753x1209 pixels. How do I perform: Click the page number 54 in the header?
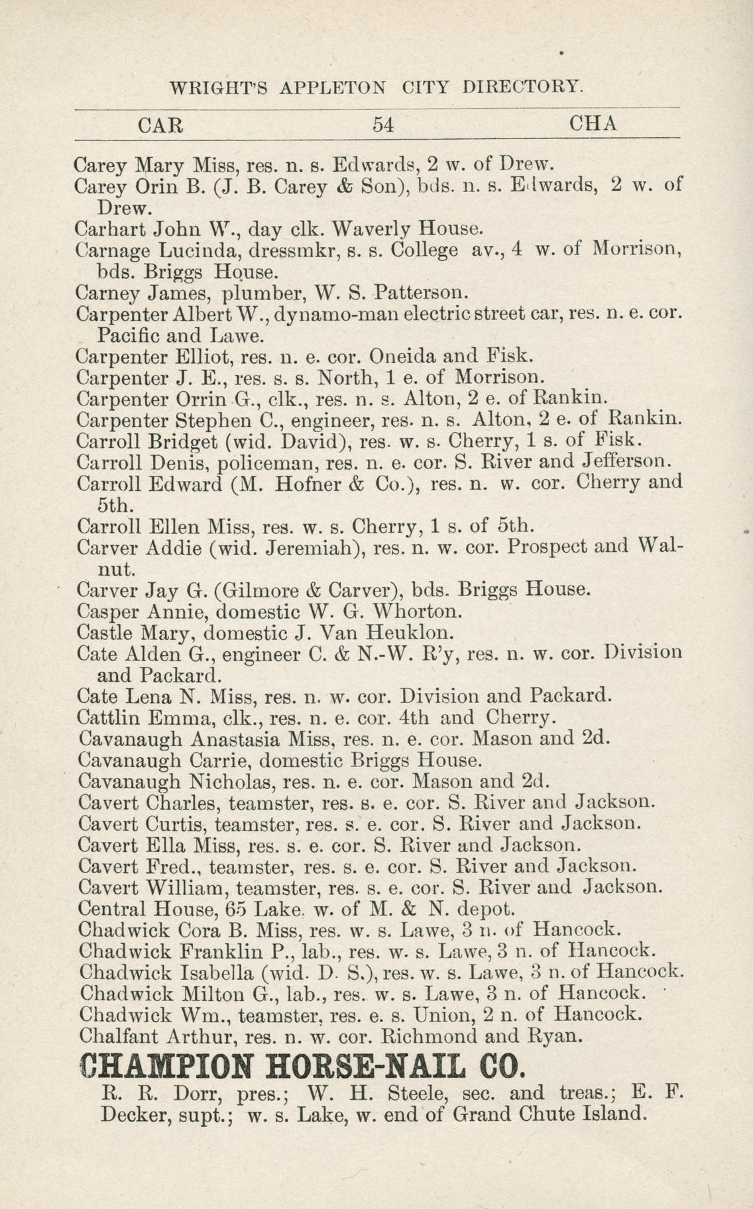pos(383,125)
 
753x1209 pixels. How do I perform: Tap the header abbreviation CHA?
pos(594,124)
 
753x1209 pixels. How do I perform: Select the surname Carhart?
pos(111,229)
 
